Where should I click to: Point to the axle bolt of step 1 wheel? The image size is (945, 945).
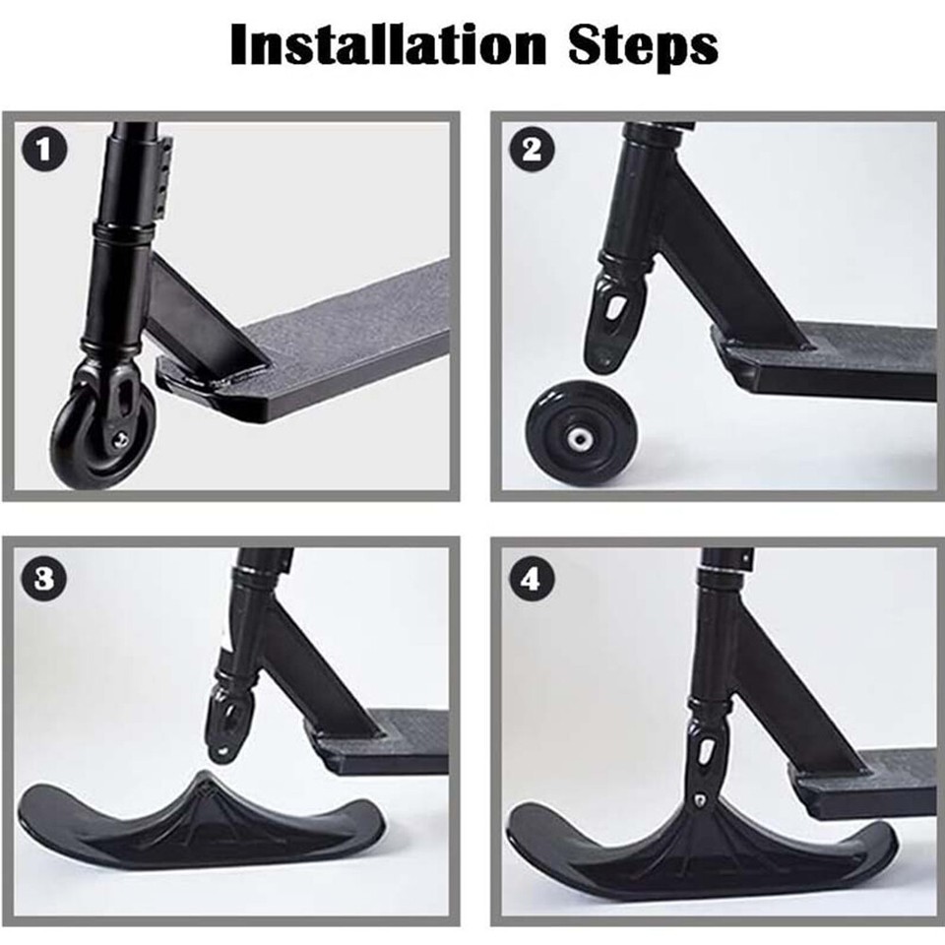(122, 439)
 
